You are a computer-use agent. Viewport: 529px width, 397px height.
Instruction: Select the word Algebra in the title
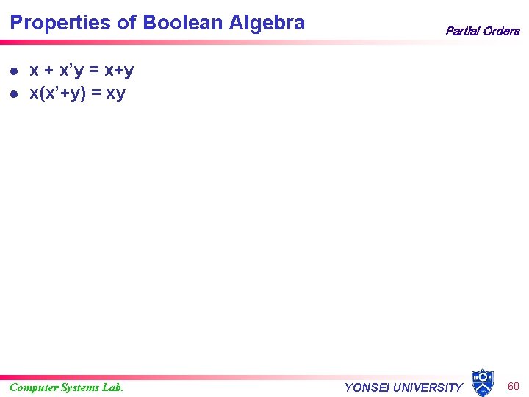pyautogui.click(x=267, y=23)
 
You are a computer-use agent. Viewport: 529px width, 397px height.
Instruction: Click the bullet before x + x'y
pyautogui.click(x=14, y=71)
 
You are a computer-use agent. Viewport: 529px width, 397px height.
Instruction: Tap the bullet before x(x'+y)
pyautogui.click(x=14, y=94)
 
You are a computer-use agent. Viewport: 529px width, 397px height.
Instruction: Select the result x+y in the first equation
pyautogui.click(x=119, y=71)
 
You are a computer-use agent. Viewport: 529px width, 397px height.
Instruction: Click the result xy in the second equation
pyautogui.click(x=116, y=94)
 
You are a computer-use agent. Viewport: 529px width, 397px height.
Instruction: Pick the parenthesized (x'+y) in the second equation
pyautogui.click(x=62, y=94)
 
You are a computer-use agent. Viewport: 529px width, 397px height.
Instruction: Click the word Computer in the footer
pyautogui.click(x=36, y=387)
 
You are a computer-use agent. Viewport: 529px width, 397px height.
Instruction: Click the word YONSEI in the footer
pyautogui.click(x=367, y=387)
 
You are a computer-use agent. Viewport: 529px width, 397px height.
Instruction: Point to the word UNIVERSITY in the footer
pyautogui.click(x=429, y=387)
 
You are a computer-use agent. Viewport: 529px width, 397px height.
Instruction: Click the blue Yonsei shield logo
pyautogui.click(x=483, y=382)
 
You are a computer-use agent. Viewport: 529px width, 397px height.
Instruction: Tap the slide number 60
pyautogui.click(x=514, y=386)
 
